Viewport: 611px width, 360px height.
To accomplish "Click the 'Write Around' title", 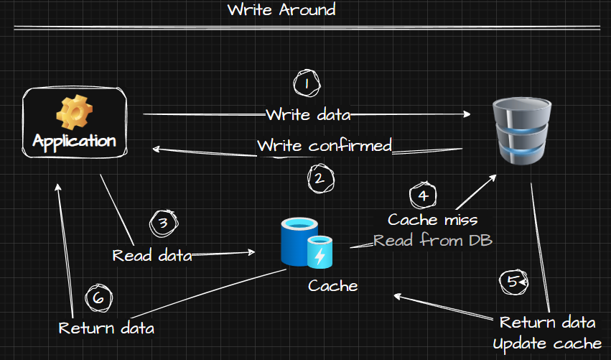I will click(281, 11).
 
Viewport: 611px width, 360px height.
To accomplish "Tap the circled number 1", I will click(307, 84).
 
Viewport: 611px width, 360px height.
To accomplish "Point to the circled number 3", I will click(163, 223).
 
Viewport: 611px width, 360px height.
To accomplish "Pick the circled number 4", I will click(423, 195).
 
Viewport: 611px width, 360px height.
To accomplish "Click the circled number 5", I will click(511, 282).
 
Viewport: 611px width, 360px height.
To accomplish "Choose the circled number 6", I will click(98, 297).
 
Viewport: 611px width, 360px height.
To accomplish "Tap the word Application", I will click(74, 140).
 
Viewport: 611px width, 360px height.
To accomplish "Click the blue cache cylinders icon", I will click(307, 244).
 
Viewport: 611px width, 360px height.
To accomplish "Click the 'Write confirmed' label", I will click(325, 146).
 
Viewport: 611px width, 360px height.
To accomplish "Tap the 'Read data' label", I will click(152, 255).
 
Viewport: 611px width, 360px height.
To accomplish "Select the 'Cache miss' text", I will click(432, 219).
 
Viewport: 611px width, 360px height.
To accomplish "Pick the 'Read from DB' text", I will click(433, 241).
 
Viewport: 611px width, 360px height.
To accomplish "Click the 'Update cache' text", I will click(547, 343).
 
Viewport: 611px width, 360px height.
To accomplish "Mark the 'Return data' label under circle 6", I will click(106, 328).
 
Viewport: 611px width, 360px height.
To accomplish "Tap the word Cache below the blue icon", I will click(333, 286).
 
